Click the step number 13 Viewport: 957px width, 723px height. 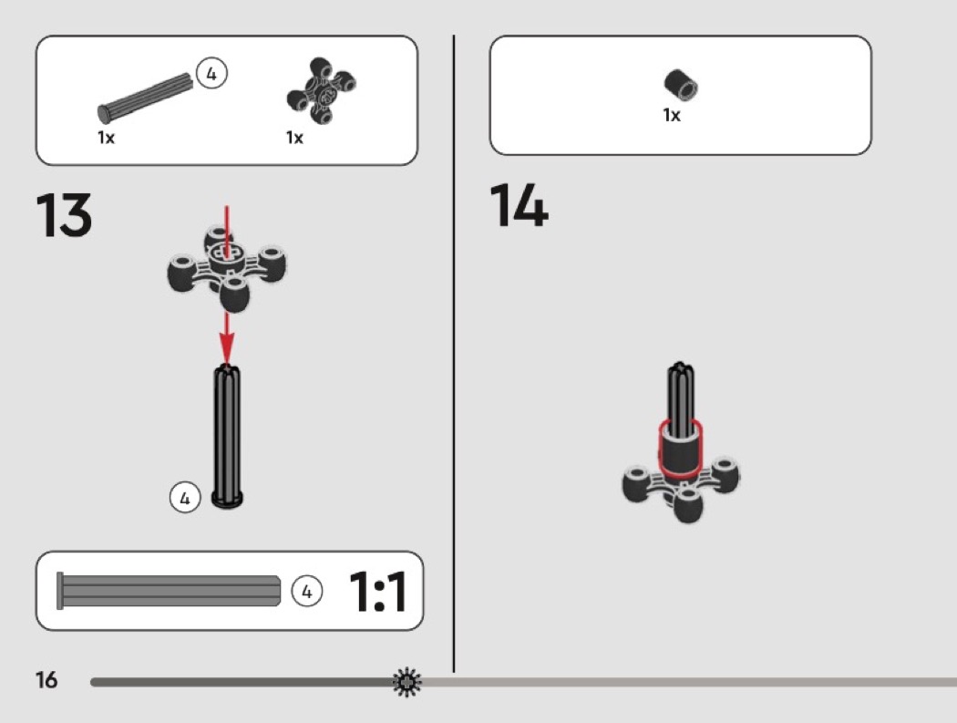click(x=64, y=215)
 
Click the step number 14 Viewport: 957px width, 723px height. click(x=519, y=206)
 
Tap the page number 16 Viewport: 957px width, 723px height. click(x=46, y=679)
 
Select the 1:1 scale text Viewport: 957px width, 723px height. click(x=378, y=591)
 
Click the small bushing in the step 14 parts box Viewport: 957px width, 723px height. click(x=681, y=84)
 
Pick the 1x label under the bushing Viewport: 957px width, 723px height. click(x=672, y=115)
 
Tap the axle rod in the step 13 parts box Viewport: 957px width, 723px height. click(x=145, y=98)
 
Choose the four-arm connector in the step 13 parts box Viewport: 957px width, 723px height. click(x=321, y=91)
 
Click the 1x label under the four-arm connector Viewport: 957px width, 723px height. click(x=294, y=138)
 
